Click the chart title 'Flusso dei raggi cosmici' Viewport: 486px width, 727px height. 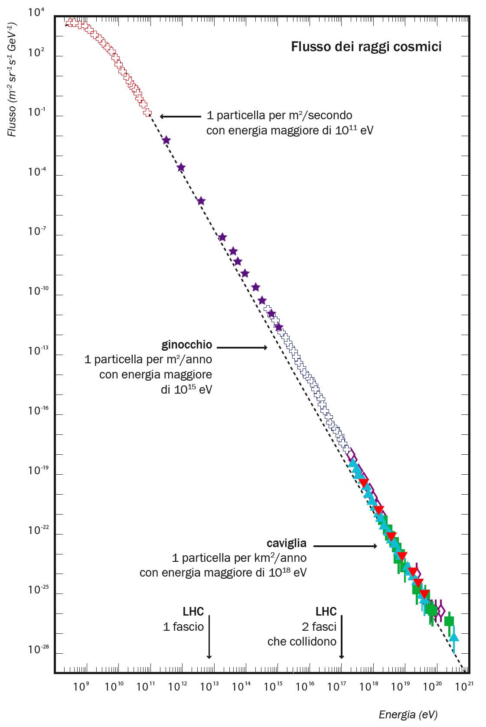point(366,46)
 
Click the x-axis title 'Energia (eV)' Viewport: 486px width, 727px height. point(408,714)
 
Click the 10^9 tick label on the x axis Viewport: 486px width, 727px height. point(82,686)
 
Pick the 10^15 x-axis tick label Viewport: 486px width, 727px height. point(273,686)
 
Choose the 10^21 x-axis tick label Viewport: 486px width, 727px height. point(464,686)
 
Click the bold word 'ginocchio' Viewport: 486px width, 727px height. point(187,345)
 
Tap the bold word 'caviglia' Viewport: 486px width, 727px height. point(287,543)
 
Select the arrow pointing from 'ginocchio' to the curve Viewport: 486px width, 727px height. point(242,347)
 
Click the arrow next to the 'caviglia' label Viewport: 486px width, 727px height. point(345,546)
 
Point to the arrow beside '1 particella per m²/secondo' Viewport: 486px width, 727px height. point(180,116)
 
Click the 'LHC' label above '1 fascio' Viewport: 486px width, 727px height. point(193,611)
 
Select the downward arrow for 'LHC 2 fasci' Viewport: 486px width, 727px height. point(342,637)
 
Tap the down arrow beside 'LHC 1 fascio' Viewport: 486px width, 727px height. point(209,637)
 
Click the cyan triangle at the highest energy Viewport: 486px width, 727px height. point(453,636)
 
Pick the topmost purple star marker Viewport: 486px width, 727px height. point(166,140)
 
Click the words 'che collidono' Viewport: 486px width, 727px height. point(302,642)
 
